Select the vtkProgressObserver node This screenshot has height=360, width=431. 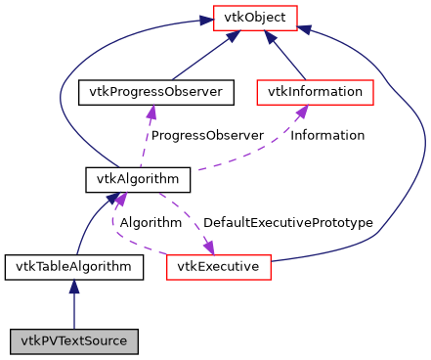(150, 93)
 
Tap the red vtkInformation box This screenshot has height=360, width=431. (315, 93)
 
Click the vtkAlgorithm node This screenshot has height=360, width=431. (137, 180)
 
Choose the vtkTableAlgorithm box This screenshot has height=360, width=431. (74, 265)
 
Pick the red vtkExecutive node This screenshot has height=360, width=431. (217, 265)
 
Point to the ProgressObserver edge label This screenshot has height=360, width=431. (207, 135)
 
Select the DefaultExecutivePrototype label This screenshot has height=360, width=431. (287, 223)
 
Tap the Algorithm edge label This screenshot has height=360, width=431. (151, 223)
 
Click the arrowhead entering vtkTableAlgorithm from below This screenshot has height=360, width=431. (74, 285)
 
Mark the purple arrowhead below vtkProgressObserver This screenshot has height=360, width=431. (150, 112)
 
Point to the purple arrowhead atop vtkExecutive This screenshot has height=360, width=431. (209, 246)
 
